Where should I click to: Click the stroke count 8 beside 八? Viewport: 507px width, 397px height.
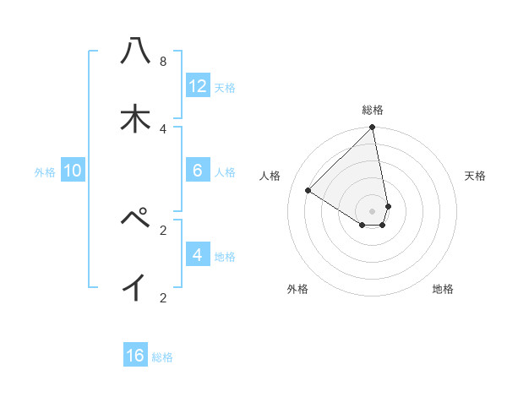click(x=163, y=62)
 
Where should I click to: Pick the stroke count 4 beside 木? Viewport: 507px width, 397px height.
click(x=163, y=128)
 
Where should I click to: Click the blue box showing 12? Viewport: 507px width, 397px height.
click(x=198, y=85)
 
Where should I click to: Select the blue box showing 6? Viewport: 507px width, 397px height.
click(x=198, y=171)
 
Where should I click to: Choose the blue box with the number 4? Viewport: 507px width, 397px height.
click(x=198, y=254)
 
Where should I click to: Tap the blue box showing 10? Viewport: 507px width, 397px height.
click(x=73, y=171)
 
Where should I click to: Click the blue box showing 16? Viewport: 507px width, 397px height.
click(x=135, y=356)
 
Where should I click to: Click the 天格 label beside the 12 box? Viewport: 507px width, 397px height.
click(x=225, y=87)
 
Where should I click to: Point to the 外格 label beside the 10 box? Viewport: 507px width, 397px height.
click(x=45, y=172)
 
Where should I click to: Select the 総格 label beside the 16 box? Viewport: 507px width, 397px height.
click(x=162, y=357)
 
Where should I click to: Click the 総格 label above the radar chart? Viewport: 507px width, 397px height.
click(x=373, y=110)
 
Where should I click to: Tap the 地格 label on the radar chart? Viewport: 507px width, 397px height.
click(x=443, y=289)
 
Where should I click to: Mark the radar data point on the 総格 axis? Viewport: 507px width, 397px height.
click(x=373, y=128)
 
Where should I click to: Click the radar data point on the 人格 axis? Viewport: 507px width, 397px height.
click(x=308, y=191)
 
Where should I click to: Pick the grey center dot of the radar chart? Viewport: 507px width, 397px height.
click(x=373, y=210)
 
